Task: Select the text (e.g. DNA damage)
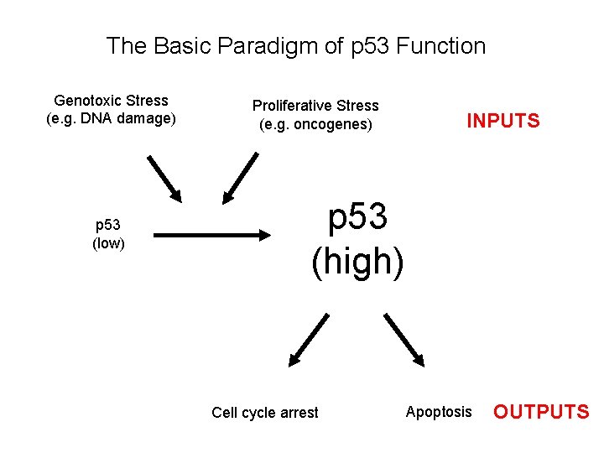click(111, 118)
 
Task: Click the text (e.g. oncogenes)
click(315, 125)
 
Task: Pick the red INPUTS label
click(503, 121)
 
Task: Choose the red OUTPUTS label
click(541, 412)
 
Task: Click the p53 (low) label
click(108, 234)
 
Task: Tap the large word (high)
click(357, 262)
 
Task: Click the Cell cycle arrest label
click(265, 413)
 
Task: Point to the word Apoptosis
click(439, 412)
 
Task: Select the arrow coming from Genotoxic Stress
click(164, 179)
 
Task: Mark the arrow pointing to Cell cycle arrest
click(308, 341)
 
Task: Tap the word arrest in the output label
click(299, 413)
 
